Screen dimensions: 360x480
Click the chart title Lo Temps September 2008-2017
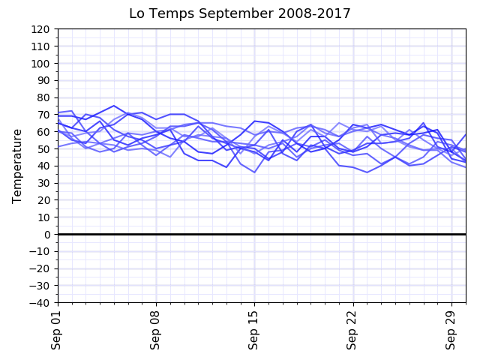tap(240, 13)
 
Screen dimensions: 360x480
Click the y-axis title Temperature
tap(17, 166)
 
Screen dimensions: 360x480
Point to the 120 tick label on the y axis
tap(41, 29)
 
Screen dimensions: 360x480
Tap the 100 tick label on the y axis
tap(41, 64)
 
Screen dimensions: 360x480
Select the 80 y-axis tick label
tap(44, 97)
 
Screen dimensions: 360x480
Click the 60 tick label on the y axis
tap(44, 132)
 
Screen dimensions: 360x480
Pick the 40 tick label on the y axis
tap(44, 166)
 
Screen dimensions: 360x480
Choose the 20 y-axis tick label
tap(44, 200)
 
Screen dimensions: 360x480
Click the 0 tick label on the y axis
tap(47, 235)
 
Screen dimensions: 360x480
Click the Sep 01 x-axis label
tap(58, 330)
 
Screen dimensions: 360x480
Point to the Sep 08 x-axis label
tap(156, 330)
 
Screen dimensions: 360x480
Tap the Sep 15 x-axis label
tap(254, 330)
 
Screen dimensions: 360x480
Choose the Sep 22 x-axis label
tap(353, 330)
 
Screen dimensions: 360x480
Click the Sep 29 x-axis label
tap(451, 330)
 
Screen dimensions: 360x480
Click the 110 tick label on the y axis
tap(41, 46)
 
